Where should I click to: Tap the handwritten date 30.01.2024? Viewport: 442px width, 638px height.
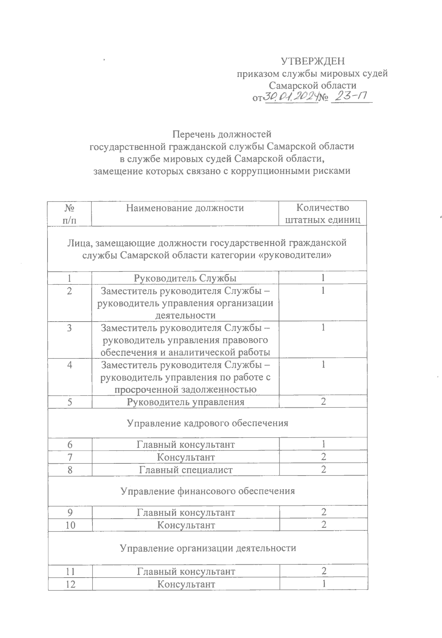click(290, 97)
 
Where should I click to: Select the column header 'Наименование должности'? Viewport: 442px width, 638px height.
click(185, 208)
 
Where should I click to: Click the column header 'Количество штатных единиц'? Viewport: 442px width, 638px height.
click(323, 214)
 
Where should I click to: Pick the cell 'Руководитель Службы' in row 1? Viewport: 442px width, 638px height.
click(185, 278)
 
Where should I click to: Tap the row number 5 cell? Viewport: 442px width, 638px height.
click(70, 402)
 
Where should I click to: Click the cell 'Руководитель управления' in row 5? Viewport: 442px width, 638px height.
click(185, 402)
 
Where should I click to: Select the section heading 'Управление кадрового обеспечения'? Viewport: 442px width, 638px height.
click(207, 423)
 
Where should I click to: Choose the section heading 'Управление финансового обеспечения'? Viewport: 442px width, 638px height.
click(207, 491)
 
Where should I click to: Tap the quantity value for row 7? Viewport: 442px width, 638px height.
click(323, 457)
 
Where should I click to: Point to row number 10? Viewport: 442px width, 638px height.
click(70, 525)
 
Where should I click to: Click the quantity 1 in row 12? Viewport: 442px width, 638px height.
click(323, 584)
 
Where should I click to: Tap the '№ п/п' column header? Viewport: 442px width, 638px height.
click(70, 214)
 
